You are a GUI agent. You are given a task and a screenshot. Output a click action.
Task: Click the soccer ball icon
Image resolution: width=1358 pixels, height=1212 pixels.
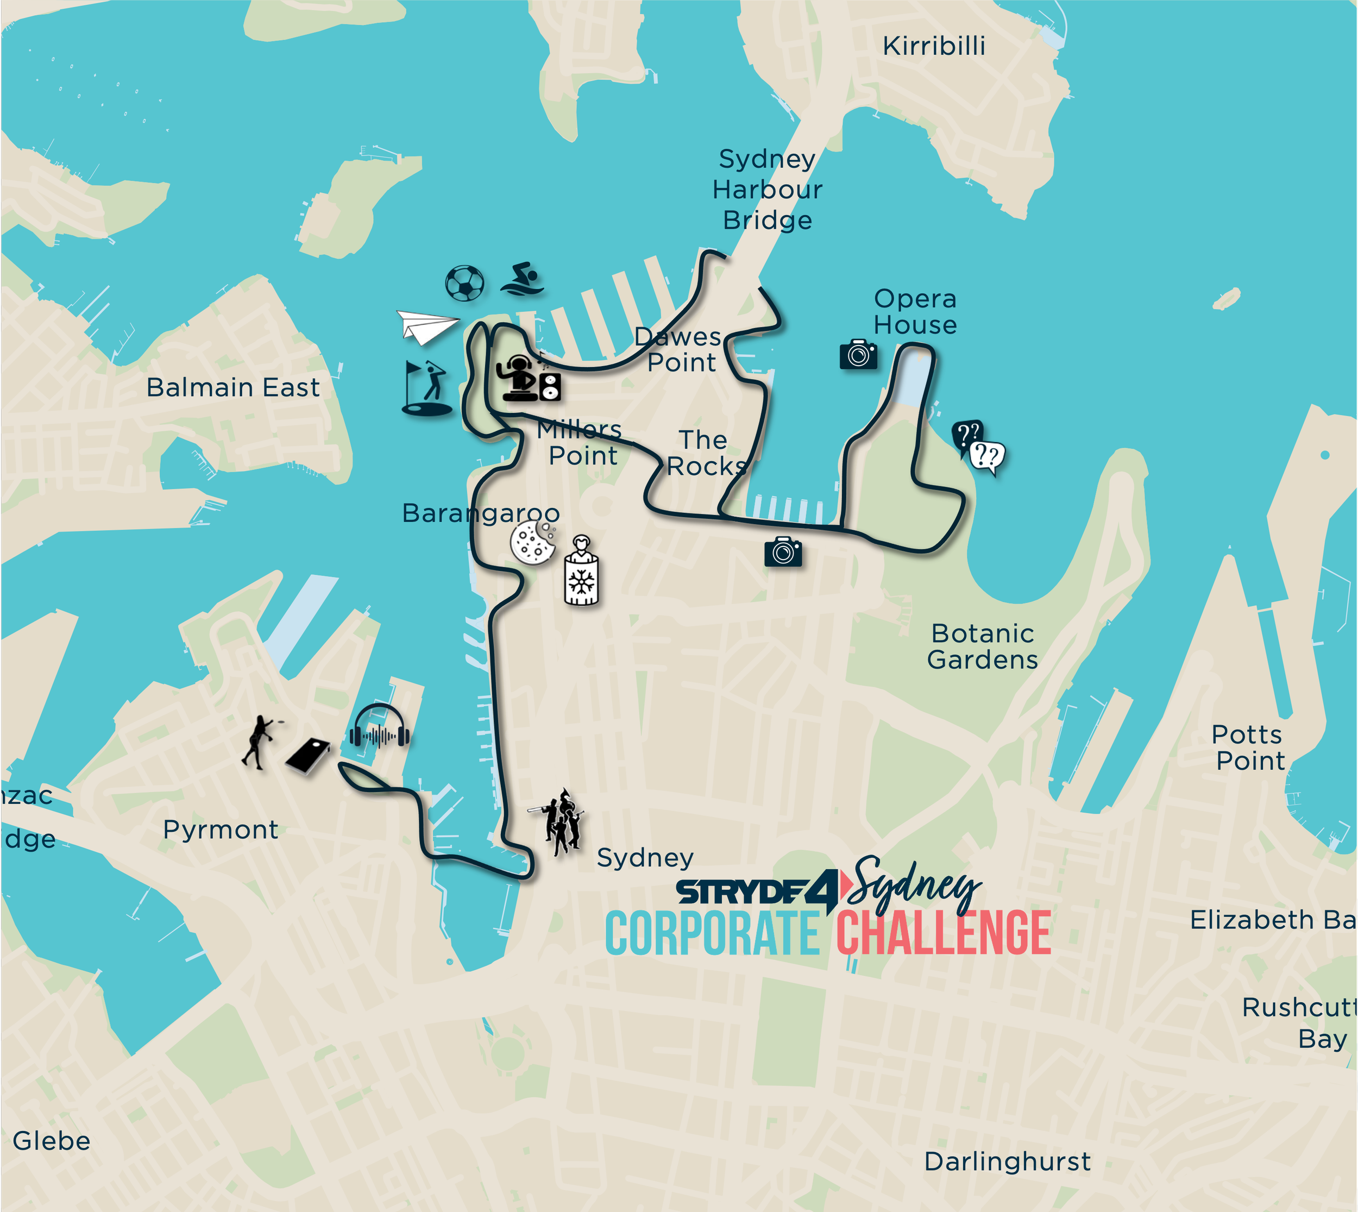click(464, 283)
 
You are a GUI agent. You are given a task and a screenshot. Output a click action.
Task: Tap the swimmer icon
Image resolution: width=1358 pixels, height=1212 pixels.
click(523, 280)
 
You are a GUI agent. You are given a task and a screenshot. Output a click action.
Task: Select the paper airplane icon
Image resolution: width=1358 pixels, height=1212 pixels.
click(427, 326)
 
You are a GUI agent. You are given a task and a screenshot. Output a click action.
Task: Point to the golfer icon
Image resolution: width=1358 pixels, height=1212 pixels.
click(427, 389)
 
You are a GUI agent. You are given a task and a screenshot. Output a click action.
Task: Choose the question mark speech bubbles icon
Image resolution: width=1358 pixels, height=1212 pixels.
click(978, 448)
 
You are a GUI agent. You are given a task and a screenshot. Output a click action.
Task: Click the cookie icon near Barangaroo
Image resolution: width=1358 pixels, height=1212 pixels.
click(532, 542)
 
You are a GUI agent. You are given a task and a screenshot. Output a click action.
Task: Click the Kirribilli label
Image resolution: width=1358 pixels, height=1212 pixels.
click(933, 46)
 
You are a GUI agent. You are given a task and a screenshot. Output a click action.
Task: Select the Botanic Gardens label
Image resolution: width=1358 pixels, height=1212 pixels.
click(982, 646)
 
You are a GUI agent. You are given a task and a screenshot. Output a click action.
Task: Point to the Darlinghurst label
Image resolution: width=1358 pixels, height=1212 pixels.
click(1007, 1161)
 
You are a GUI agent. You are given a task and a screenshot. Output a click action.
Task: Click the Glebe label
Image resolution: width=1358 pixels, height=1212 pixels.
click(51, 1141)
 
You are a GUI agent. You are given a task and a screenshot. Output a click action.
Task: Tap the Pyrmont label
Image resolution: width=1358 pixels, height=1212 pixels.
click(221, 830)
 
